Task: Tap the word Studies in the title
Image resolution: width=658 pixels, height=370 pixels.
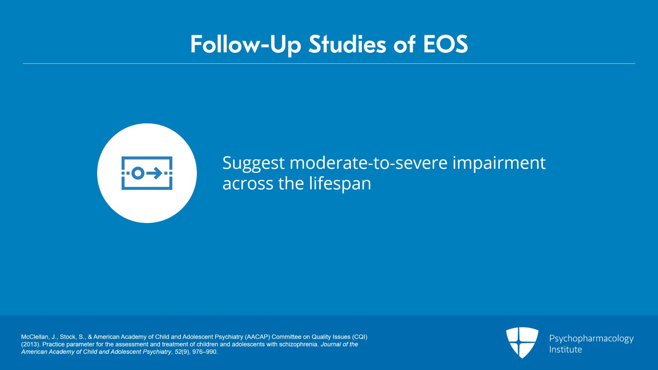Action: coord(347,44)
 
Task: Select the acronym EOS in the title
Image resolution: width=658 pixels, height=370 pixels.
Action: coord(445,44)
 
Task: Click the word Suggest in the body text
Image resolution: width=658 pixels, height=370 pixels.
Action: coord(253,164)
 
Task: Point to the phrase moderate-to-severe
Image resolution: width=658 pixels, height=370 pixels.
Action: coord(368,163)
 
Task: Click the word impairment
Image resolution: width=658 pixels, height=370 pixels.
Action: coord(499,164)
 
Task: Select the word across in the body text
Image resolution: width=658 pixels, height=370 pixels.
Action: coord(248,185)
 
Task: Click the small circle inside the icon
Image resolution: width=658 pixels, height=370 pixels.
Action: coord(137,173)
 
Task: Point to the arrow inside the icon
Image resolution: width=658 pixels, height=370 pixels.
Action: coord(155,173)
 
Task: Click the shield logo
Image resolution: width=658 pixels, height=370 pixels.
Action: coord(522,342)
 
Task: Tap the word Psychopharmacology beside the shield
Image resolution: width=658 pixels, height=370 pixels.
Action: coord(591,339)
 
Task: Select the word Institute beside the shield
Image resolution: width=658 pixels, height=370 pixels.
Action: coord(565,349)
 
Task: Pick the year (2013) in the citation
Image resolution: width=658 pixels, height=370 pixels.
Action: coord(30,344)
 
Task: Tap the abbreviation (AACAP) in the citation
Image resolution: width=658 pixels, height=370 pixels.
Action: coord(257,337)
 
